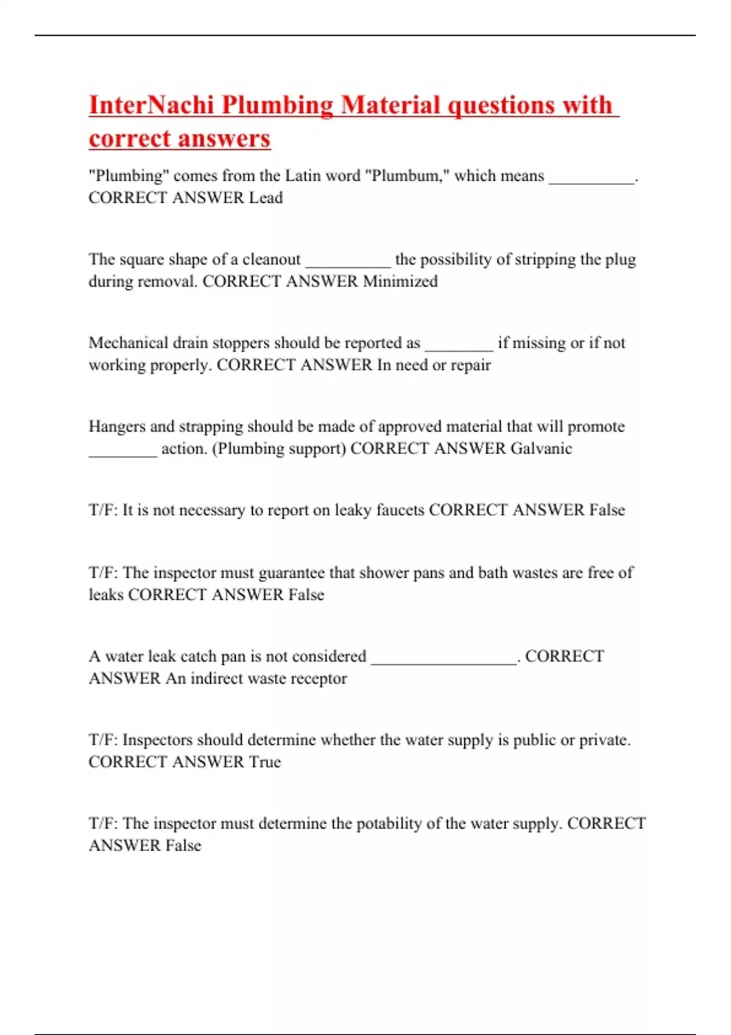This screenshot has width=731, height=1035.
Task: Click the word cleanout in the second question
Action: pos(271,259)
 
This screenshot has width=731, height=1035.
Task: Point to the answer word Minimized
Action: pos(400,281)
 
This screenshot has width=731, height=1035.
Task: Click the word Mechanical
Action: pos(129,343)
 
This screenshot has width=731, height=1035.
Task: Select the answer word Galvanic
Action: pos(541,449)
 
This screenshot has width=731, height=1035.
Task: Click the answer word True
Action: pos(265,762)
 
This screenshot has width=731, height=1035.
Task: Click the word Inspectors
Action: pos(158,740)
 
